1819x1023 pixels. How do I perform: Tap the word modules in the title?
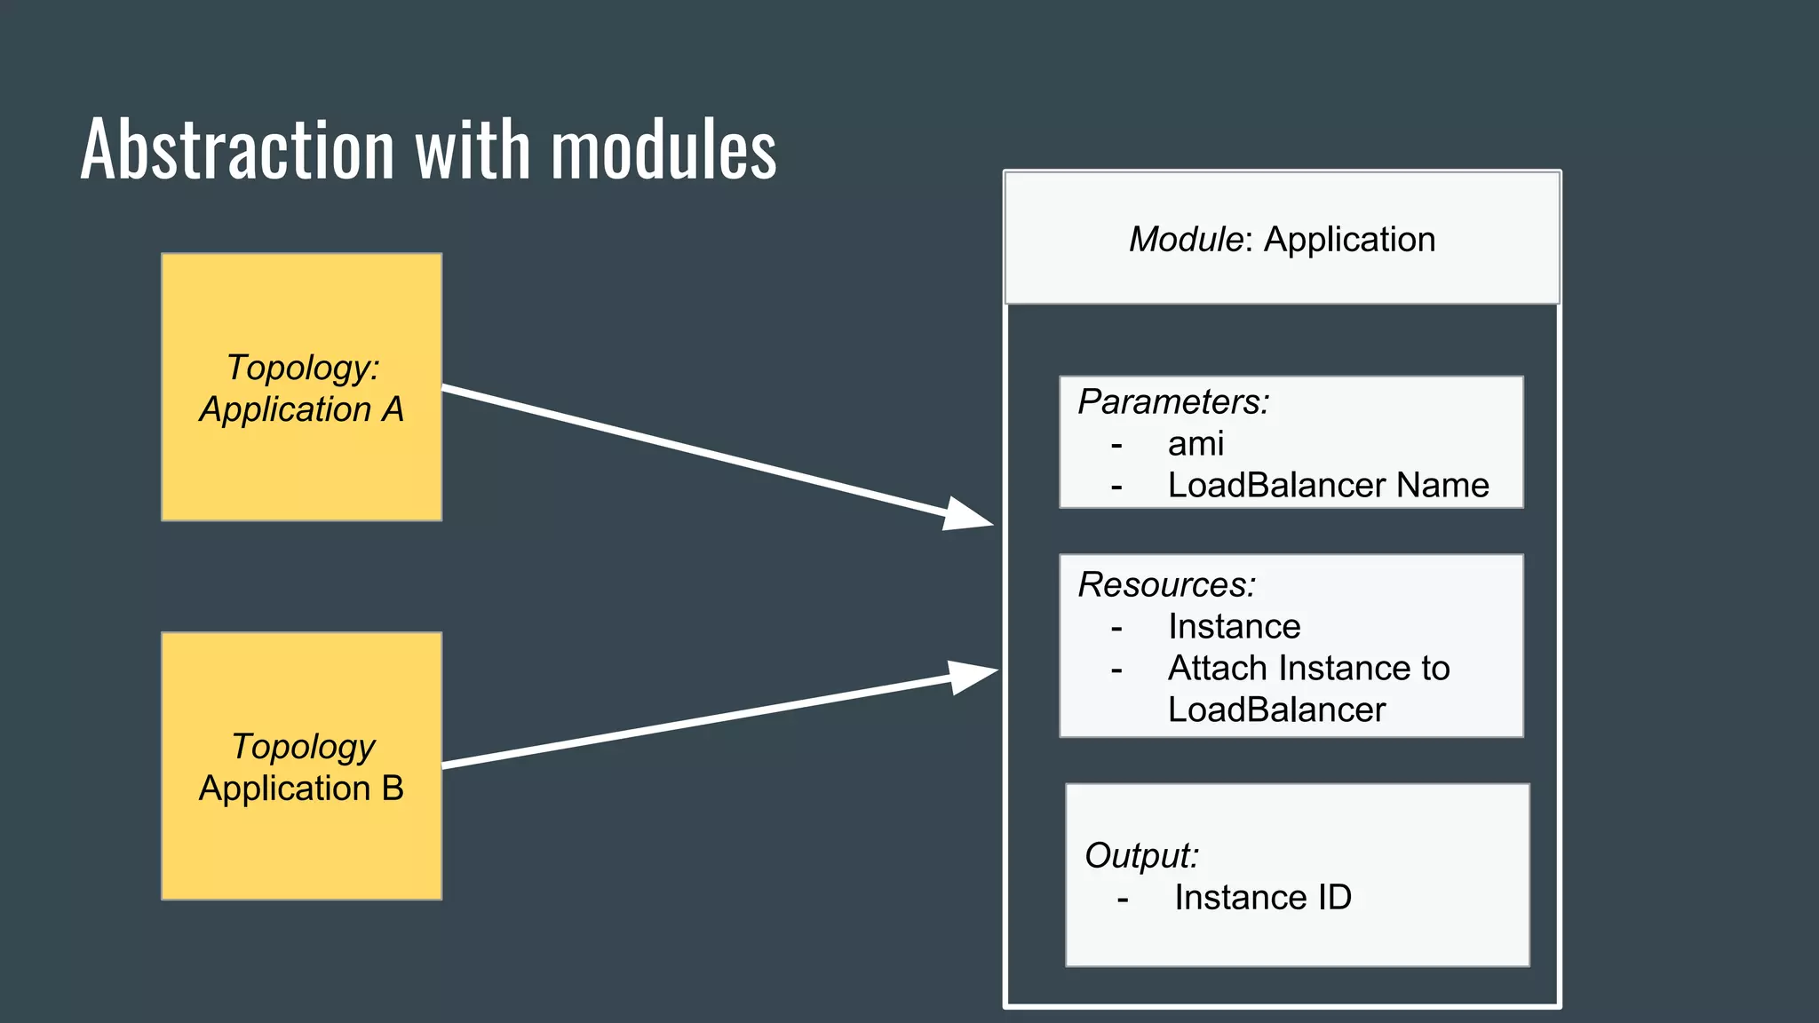663,149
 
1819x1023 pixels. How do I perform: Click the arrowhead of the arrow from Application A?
968,515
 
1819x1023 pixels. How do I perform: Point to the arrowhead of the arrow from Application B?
973,676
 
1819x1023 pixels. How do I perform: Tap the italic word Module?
1185,240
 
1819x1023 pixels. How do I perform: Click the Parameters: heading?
1173,402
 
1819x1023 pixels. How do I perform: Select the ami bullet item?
1195,443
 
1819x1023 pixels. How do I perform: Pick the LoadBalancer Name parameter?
1328,485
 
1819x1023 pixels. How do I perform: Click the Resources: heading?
1166,585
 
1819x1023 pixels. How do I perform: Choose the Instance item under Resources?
1234,627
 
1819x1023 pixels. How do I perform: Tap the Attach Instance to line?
1308,668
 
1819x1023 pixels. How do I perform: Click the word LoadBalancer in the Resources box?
1276,710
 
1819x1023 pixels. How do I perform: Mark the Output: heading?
1141,856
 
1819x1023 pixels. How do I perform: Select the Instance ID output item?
1262,898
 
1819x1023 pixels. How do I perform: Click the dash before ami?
1116,444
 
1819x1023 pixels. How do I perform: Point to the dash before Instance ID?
1123,899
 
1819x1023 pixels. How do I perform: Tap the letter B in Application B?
392,789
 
